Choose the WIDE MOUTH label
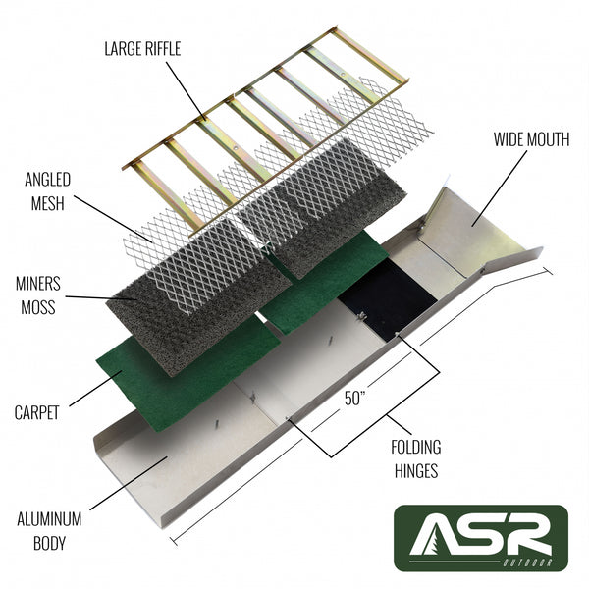coord(531,139)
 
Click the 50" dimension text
coord(356,399)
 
